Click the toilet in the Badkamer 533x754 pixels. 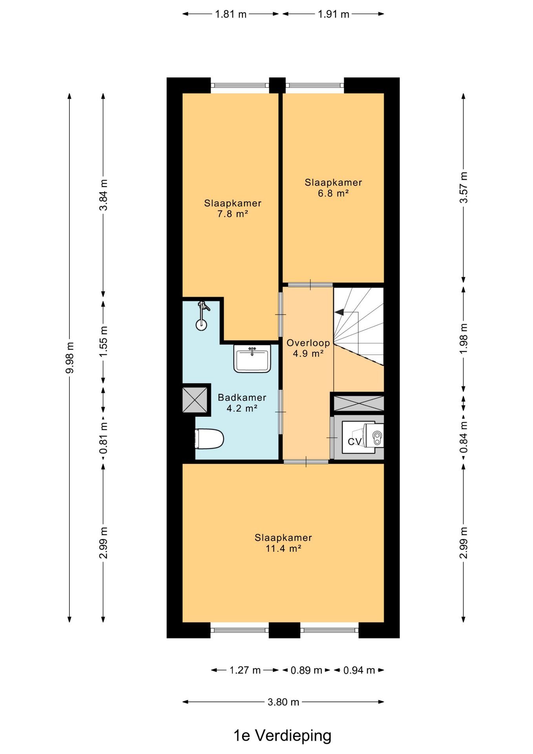point(209,439)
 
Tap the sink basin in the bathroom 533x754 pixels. point(252,359)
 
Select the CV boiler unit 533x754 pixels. point(363,436)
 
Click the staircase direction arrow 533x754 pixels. point(339,312)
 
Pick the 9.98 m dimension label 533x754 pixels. point(70,357)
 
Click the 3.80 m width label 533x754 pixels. point(283,702)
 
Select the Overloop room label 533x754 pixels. point(308,343)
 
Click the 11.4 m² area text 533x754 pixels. point(283,549)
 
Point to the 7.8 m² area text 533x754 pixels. point(233,214)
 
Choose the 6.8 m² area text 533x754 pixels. point(333,193)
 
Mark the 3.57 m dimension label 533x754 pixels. point(464,187)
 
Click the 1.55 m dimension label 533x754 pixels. point(103,342)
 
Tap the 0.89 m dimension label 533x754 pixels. point(307,670)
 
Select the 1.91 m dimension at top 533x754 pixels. point(333,14)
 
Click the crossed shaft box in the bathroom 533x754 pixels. point(195,400)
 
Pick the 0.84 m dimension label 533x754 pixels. point(464,436)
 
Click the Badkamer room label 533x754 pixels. point(242,397)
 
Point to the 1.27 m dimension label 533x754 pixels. point(245,670)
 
